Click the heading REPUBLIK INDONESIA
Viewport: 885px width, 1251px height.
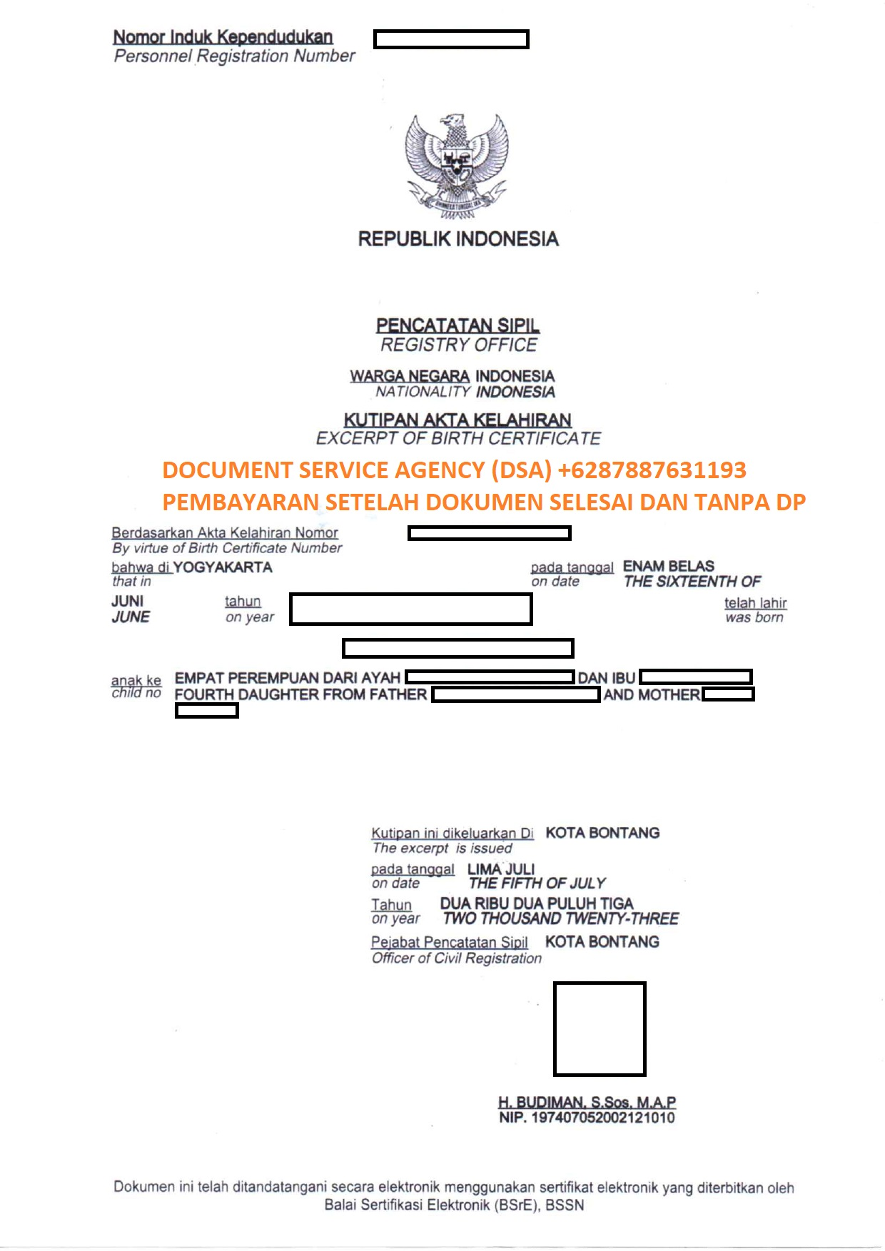tap(458, 239)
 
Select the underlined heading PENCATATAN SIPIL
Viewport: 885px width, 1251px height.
tap(457, 325)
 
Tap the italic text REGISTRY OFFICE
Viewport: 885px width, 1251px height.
tap(458, 345)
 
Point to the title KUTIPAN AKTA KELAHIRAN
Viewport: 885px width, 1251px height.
tap(457, 420)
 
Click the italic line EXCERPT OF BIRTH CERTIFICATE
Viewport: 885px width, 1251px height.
tap(458, 438)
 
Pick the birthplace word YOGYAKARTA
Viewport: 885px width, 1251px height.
tap(223, 567)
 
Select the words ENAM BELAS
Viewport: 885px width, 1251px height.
tap(668, 566)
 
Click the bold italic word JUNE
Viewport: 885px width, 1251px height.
tap(131, 617)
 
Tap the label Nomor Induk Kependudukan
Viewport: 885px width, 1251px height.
tap(223, 36)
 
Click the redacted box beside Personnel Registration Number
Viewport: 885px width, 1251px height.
tap(451, 39)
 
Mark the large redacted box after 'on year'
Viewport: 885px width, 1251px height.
tap(410, 609)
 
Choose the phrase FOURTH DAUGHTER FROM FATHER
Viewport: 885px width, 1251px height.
tap(300, 694)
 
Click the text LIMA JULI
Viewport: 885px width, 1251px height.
tap(501, 869)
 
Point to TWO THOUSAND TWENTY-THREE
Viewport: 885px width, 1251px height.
tap(561, 918)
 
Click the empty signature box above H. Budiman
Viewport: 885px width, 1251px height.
tap(600, 1028)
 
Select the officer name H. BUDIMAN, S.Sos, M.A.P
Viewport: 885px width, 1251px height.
tap(587, 1102)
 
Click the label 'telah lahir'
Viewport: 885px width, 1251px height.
tap(755, 603)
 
